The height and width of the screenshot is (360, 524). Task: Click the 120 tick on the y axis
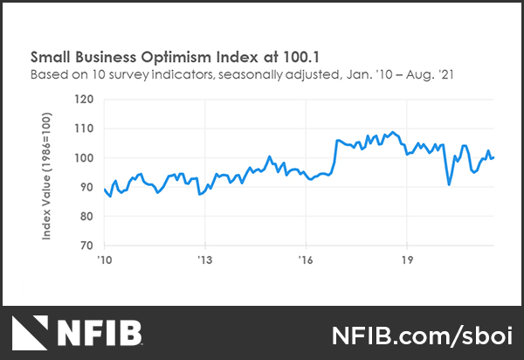tap(86, 100)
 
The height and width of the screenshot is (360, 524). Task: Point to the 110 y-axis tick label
tap(86, 128)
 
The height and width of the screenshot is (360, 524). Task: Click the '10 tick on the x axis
tap(103, 260)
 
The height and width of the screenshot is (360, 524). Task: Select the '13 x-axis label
tap(204, 260)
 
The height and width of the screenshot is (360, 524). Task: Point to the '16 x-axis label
tap(306, 260)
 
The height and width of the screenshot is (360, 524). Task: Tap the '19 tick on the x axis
tap(406, 260)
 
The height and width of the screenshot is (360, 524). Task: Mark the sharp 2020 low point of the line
tap(449, 184)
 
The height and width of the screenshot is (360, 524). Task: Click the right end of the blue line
tap(494, 157)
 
